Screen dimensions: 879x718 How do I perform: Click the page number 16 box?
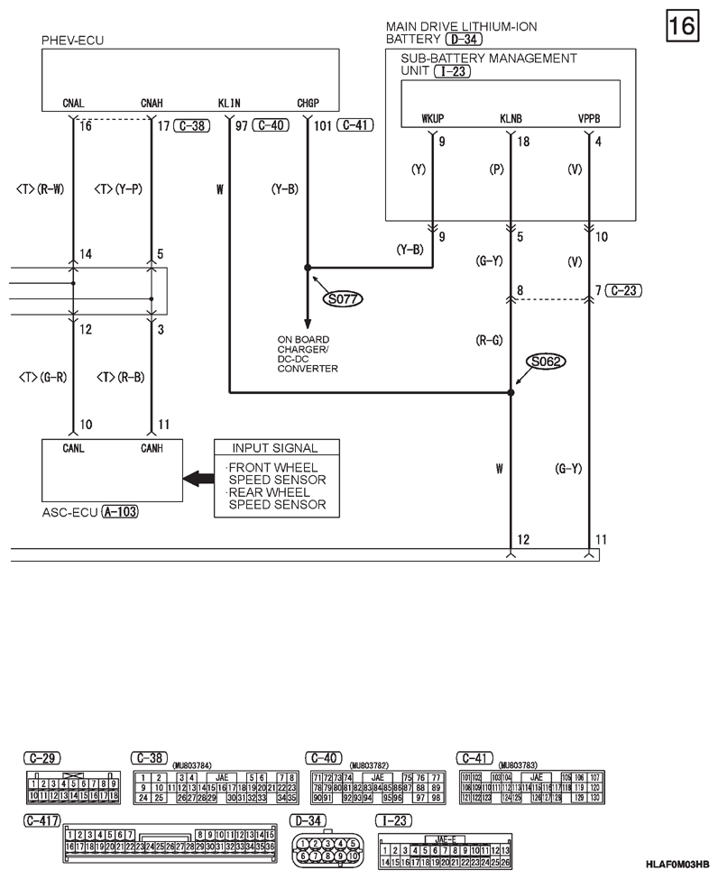click(683, 25)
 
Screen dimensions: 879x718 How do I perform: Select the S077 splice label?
click(341, 298)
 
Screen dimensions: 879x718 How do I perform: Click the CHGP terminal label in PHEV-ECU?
click(308, 103)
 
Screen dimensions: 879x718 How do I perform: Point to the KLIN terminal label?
click(229, 103)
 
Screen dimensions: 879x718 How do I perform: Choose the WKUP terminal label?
click(434, 119)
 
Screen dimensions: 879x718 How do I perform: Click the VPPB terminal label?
click(590, 119)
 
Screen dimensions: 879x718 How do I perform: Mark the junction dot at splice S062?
click(511, 393)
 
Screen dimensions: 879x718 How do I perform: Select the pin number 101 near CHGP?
click(322, 125)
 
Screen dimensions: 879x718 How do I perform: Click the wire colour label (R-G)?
click(489, 340)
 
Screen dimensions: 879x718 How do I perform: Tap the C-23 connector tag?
click(625, 289)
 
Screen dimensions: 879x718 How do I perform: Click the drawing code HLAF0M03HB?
click(677, 865)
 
